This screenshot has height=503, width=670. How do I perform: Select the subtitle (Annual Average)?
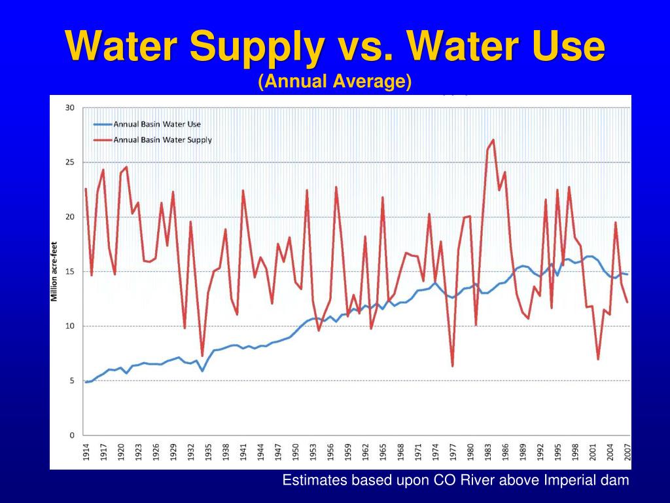tap(335, 81)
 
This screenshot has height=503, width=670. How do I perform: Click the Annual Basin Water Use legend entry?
tap(157, 124)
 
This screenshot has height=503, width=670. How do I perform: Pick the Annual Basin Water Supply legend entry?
tap(162, 140)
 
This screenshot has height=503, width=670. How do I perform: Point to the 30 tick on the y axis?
tap(69, 108)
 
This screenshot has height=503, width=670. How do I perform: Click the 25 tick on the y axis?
tap(69, 162)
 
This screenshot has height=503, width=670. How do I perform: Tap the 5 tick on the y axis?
tap(72, 381)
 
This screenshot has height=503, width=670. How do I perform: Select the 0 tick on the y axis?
tap(72, 435)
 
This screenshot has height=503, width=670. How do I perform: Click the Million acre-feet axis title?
tap(55, 271)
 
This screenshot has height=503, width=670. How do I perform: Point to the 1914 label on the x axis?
tap(86, 453)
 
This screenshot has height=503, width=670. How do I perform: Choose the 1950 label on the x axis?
tap(295, 453)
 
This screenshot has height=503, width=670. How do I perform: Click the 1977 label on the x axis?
tap(452, 453)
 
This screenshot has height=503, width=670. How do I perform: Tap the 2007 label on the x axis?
tap(627, 453)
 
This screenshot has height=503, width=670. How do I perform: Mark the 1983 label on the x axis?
tap(487, 453)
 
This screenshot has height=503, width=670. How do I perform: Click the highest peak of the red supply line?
tap(493, 140)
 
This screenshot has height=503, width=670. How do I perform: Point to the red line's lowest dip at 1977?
tap(452, 365)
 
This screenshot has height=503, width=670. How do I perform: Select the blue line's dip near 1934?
tap(202, 371)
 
